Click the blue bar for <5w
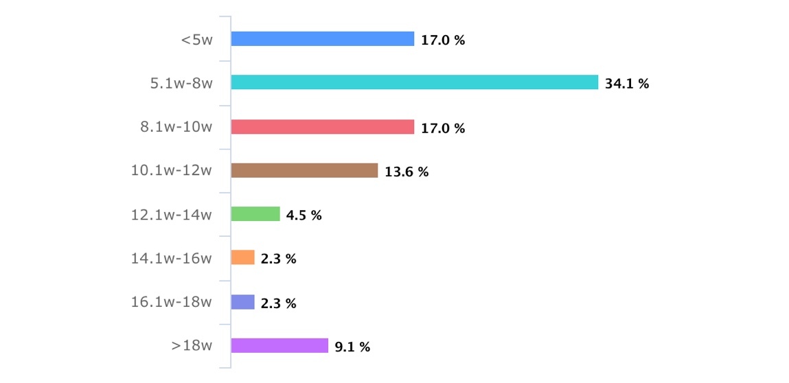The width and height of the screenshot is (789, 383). pos(323,39)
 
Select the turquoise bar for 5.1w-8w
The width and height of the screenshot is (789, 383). pos(414,83)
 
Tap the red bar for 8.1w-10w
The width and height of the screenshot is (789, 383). pos(323,127)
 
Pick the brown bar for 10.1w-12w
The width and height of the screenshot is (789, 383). pos(304,171)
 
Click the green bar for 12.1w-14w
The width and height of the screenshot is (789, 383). pos(255,214)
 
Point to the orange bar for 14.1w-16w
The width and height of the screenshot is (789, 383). pos(243,258)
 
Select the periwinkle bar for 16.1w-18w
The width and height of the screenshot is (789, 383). pos(243,302)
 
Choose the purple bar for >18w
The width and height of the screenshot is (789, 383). pos(279,346)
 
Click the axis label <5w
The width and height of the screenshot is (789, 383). pos(196,40)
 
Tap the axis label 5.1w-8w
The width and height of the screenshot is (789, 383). pos(181,84)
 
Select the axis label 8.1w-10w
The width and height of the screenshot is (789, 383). pos(177,128)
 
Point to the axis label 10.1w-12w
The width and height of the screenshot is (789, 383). pos(172,171)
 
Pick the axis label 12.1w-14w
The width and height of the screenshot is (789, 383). pos(172,215)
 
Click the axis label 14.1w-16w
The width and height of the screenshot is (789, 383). pos(172,259)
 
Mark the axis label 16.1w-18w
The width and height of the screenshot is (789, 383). pos(172,303)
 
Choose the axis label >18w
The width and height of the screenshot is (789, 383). pos(192,346)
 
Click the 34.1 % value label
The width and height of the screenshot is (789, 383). pos(627,84)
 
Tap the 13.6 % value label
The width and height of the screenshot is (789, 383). pos(407,172)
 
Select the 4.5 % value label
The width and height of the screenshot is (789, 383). pos(304,216)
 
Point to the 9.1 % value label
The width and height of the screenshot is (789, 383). pos(352,347)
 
